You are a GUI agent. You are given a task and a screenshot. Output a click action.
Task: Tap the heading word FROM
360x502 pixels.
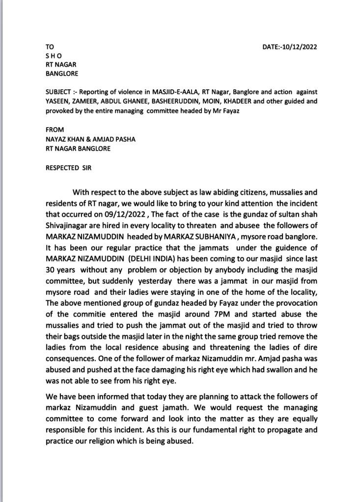point(55,130)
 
